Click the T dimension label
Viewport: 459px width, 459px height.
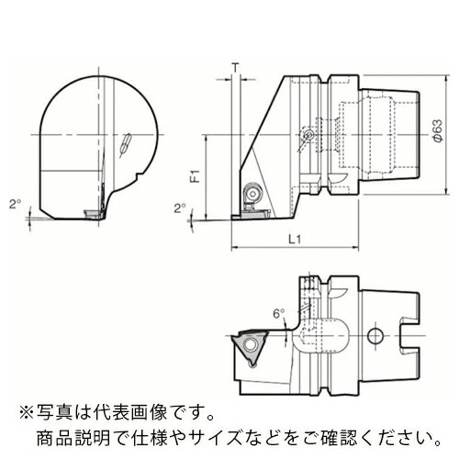[x=236, y=67]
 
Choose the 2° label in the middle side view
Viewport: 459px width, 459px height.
[x=178, y=207]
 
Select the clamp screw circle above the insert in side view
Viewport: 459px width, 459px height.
[x=250, y=195]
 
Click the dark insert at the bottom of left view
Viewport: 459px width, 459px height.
[x=92, y=213]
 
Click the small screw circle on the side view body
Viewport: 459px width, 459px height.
[x=308, y=136]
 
